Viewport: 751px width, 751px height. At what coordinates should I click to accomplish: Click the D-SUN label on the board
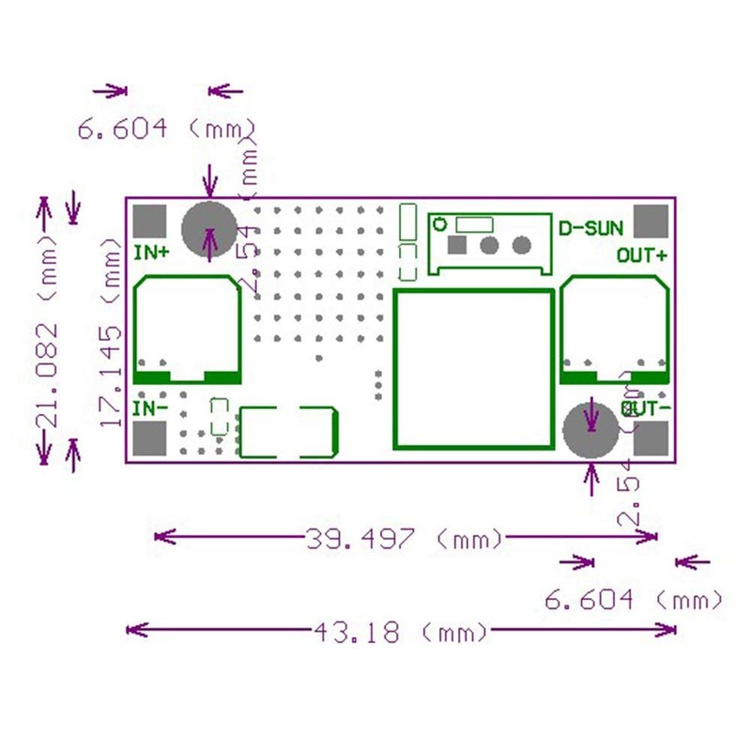(589, 228)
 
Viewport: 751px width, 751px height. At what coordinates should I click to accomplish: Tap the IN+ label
(152, 252)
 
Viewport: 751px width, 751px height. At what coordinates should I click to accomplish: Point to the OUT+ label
(643, 254)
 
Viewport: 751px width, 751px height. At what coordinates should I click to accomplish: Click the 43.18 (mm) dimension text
(402, 632)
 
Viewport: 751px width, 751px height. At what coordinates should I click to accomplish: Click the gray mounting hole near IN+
(209, 228)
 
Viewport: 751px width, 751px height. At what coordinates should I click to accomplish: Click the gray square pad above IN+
(149, 221)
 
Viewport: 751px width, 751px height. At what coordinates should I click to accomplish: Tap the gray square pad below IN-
(150, 438)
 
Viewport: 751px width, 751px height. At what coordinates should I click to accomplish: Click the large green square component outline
(473, 368)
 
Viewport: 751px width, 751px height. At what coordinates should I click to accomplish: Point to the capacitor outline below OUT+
(616, 330)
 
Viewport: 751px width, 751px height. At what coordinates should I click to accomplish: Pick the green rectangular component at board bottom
(288, 432)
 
